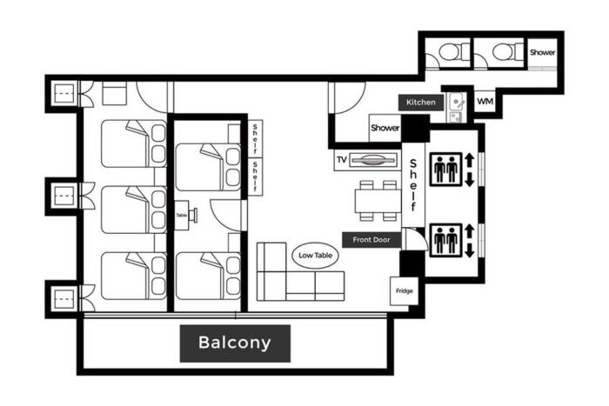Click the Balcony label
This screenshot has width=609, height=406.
click(235, 343)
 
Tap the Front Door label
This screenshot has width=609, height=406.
click(371, 240)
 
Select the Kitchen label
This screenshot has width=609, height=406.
click(420, 103)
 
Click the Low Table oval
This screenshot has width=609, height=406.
click(315, 256)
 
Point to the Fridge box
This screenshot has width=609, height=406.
click(404, 291)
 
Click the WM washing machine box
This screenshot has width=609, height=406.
click(485, 102)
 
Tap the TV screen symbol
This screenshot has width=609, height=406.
click(373, 160)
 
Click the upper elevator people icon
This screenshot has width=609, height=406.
click(445, 170)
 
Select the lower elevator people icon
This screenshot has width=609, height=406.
click(445, 240)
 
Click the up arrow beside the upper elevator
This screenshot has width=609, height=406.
click(469, 160)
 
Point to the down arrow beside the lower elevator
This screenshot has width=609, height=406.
click(469, 250)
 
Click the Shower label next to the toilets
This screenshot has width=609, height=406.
click(542, 52)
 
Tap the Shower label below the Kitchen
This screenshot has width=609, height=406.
click(385, 128)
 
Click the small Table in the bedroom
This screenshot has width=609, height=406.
click(181, 216)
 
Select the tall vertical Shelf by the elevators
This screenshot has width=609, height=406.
click(413, 185)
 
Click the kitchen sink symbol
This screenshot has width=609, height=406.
click(457, 103)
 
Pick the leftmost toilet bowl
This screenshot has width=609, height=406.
click(450, 51)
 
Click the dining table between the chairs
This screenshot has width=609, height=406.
click(378, 201)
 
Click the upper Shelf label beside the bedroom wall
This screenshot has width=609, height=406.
click(255, 138)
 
